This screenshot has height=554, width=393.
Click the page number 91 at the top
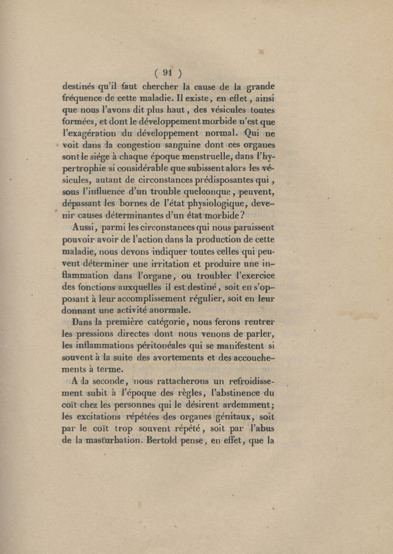coord(167,73)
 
